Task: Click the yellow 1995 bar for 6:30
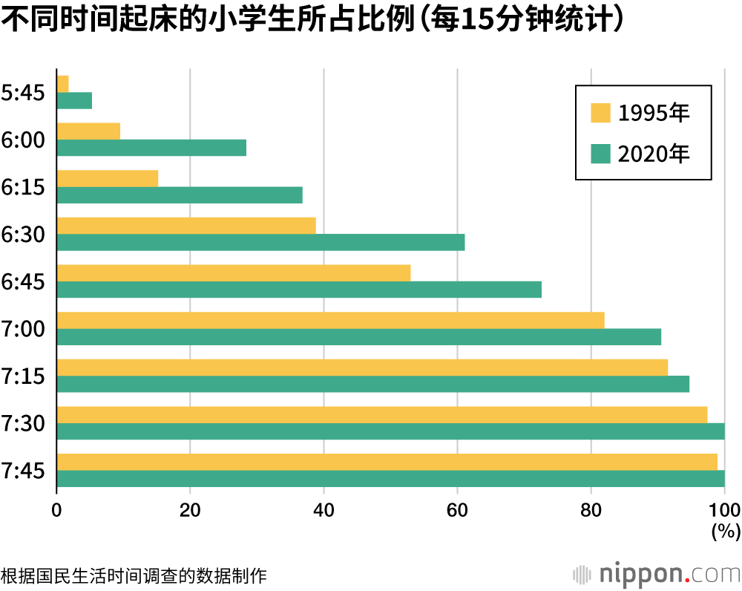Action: [186, 225]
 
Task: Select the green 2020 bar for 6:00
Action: [151, 148]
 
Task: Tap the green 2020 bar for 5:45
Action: [74, 100]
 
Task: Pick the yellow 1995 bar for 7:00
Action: [330, 320]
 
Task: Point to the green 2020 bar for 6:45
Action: [299, 290]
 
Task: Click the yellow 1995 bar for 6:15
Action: [108, 178]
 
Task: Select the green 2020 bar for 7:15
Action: [372, 384]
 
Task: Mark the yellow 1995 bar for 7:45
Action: [387, 461]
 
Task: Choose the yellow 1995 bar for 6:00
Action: [88, 131]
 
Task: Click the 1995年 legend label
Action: [654, 114]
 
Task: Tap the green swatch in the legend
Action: [600, 154]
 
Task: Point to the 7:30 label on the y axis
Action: [24, 423]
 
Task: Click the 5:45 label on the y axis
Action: [24, 93]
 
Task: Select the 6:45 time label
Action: [24, 281]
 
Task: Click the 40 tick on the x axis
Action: [324, 510]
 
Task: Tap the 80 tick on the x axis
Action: [591, 510]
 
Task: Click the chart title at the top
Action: [312, 21]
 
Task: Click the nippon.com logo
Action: [657, 574]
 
